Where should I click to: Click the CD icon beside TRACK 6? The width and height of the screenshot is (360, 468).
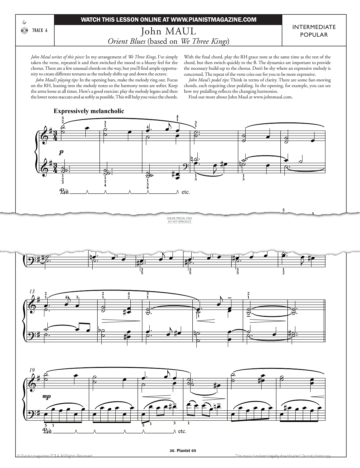click(24, 30)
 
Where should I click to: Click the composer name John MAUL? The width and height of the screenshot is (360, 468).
click(168, 31)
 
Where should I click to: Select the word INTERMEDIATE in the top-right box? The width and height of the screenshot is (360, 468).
click(314, 27)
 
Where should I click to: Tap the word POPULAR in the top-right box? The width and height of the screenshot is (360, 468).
click(314, 35)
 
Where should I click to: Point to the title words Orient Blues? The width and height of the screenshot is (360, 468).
click(126, 41)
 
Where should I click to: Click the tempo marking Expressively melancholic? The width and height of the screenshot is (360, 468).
click(89, 111)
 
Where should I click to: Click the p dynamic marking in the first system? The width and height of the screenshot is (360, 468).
click(61, 152)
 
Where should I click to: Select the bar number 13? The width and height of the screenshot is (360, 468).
click(32, 291)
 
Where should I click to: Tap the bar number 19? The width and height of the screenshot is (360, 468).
click(32, 370)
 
